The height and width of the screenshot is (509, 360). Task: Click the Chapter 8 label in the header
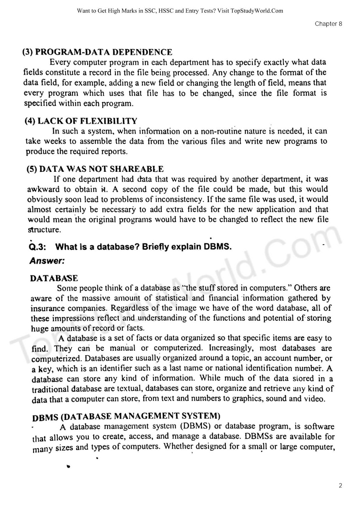click(x=328, y=24)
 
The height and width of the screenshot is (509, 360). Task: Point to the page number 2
click(x=340, y=485)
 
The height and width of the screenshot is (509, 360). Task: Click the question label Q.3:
click(x=37, y=247)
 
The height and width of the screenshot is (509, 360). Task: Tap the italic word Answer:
click(x=47, y=261)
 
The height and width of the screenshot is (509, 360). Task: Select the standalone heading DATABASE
click(x=54, y=278)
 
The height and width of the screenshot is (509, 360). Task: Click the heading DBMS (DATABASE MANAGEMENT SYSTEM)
click(x=126, y=416)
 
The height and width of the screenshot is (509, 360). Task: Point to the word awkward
click(x=43, y=189)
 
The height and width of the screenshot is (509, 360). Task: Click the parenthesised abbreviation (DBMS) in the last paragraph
click(x=195, y=426)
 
